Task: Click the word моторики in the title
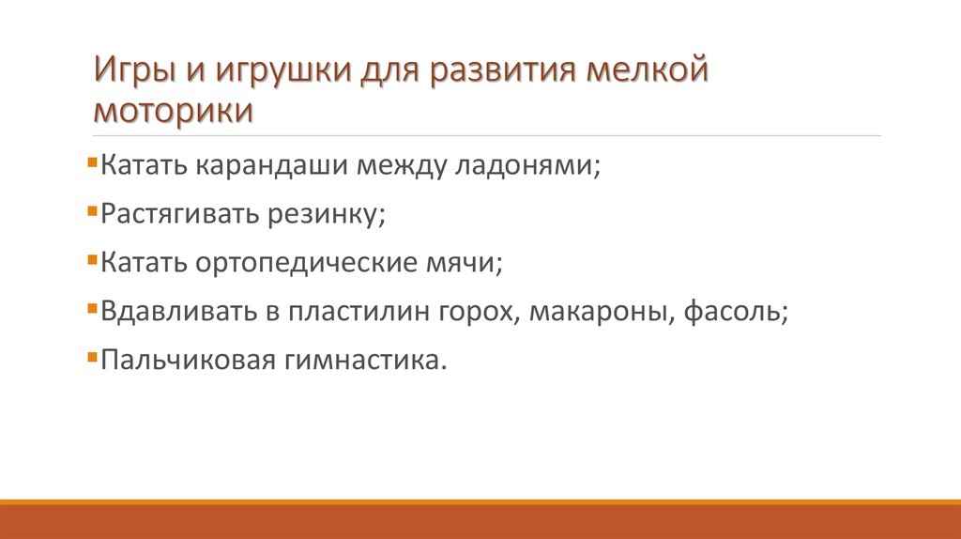click(x=174, y=111)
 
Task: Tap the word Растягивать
click(x=184, y=215)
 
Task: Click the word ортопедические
click(x=301, y=264)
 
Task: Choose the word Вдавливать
click(x=177, y=313)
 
